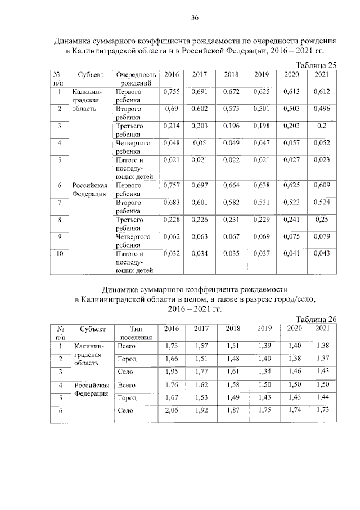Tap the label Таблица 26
(316, 319)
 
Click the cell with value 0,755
(172, 91)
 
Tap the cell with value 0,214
(172, 126)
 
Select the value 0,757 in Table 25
(172, 185)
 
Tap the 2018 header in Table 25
(231, 75)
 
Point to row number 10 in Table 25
(59, 254)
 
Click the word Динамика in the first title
(76, 42)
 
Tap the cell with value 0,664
(231, 185)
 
